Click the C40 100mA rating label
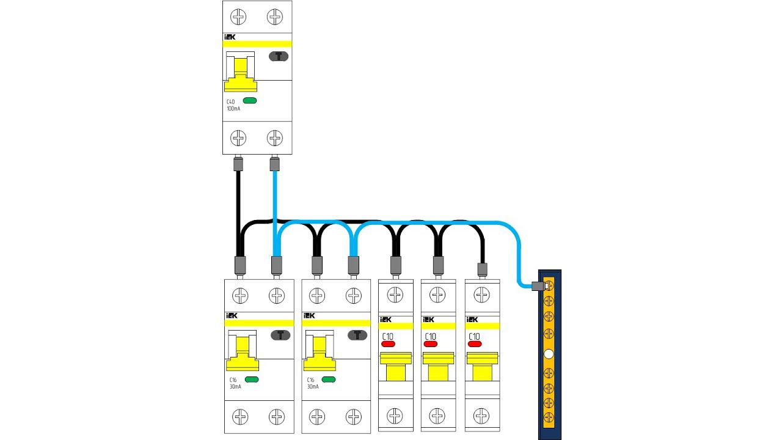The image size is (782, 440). pos(232,105)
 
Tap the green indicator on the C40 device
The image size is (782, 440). pos(250,101)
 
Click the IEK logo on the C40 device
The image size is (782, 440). pos(230,37)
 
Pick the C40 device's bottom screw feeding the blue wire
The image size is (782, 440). pos(275,138)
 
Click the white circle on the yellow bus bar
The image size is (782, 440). pos(549,354)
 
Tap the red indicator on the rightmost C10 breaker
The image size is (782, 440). pos(474,344)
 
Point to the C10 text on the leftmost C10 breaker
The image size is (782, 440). pos(387,336)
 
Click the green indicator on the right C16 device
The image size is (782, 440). pos(329,380)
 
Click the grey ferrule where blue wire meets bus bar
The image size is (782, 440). pos(538,285)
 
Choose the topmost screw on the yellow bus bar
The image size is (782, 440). pos(549,285)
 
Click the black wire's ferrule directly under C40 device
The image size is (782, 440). pos(238,164)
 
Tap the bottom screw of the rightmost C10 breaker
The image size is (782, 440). pos(482,417)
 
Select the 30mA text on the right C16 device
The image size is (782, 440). pos(312,387)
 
